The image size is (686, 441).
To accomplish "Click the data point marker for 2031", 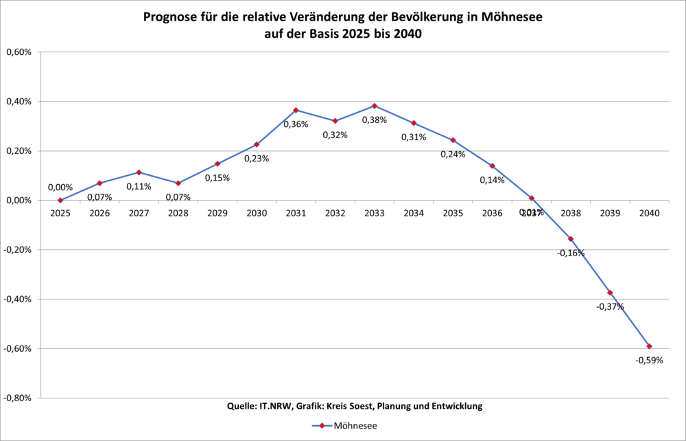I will [296, 110].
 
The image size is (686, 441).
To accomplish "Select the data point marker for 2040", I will [649, 346].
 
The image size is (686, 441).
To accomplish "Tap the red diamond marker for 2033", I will [375, 106].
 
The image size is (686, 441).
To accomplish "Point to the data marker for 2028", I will [178, 183].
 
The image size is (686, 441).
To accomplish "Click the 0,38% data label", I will [375, 120].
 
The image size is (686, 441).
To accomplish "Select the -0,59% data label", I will [649, 360].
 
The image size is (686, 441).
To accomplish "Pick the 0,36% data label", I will [296, 124].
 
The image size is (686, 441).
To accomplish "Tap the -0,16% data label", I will [571, 253].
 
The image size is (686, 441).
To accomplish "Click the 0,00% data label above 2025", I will [60, 187].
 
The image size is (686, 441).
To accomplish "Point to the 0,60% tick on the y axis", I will [19, 52].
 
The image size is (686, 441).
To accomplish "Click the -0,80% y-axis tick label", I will [19, 398].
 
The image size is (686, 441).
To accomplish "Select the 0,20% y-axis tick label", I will [19, 151].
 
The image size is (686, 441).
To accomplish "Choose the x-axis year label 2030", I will [257, 213].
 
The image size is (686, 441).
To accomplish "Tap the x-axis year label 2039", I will [610, 213].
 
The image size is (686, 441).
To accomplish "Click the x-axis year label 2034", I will [414, 213].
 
